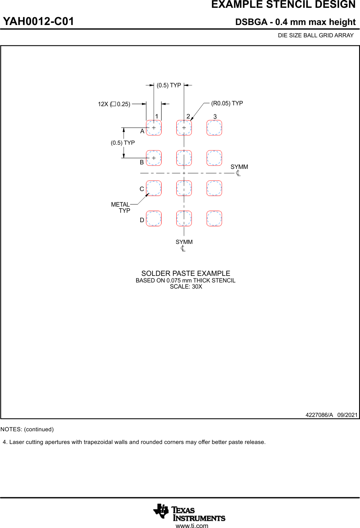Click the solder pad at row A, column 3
tap(214, 128)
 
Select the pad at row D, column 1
tap(154, 218)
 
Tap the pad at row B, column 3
tap(214, 158)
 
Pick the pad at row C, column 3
tap(214, 188)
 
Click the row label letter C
tap(142, 189)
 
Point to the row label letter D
tap(142, 220)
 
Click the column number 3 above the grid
tap(215, 117)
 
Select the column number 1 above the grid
tap(157, 116)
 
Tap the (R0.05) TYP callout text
tap(227, 103)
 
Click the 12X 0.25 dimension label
tap(114, 104)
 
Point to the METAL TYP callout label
tap(121, 207)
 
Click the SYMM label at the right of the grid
tap(239, 167)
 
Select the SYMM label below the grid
tap(184, 242)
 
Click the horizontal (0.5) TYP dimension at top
tap(169, 85)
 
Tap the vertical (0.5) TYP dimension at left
tap(123, 143)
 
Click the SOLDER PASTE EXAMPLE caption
tap(186, 273)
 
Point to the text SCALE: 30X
tap(186, 287)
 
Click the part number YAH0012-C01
tap(39, 22)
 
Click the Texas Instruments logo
tap(189, 512)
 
